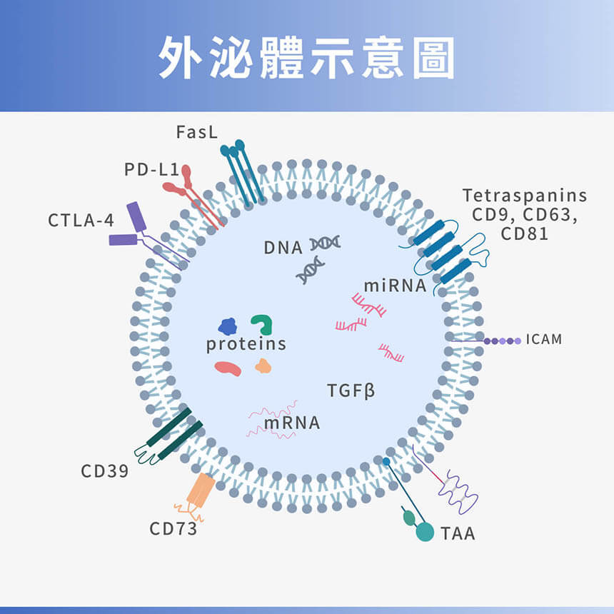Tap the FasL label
point(196,133)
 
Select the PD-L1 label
point(150,170)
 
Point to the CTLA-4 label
point(81,221)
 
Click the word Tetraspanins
point(525,196)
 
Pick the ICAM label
point(544,339)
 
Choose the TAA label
point(458,533)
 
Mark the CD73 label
point(173,529)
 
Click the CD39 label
point(104,471)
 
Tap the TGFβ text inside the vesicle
point(351,391)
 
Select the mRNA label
point(292,423)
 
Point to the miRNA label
point(395,286)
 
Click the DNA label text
point(283,248)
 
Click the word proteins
point(246,344)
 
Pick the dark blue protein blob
point(228,327)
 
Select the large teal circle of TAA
point(425,532)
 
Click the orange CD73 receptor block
point(200,489)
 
